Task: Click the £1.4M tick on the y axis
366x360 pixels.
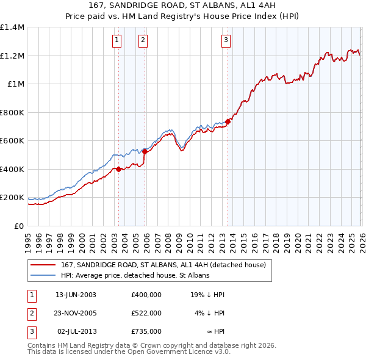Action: (x=12, y=27)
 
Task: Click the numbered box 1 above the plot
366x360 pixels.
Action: (x=117, y=41)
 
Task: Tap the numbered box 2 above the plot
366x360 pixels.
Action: (x=143, y=41)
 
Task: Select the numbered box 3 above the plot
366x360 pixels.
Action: (x=226, y=41)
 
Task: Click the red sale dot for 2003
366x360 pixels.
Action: (x=118, y=169)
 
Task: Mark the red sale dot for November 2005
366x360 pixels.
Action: (x=145, y=152)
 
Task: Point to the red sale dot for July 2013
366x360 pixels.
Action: (x=228, y=121)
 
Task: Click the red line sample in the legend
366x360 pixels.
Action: (x=42, y=265)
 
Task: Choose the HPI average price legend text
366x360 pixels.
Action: (x=135, y=276)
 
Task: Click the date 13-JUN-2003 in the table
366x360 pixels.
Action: (x=76, y=294)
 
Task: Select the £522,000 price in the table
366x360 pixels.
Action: (x=146, y=313)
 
